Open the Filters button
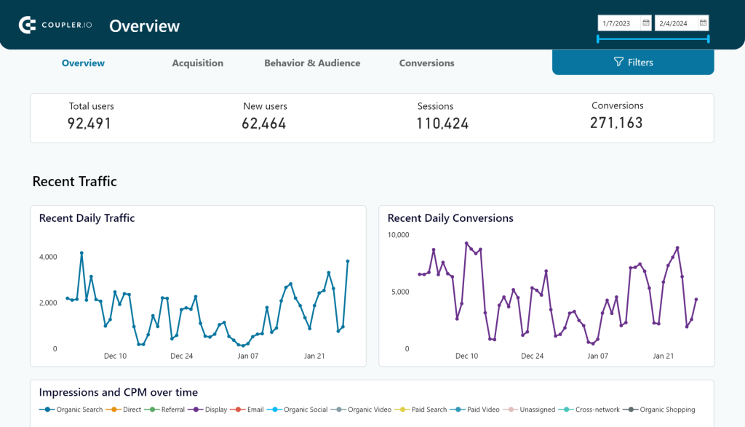pos(633,63)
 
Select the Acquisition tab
pos(197,63)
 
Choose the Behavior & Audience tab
pos(312,63)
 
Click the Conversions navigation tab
pos(426,63)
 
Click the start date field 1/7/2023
pos(618,23)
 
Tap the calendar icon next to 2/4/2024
pos(703,23)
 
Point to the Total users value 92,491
pos(89,124)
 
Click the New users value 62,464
pos(264,124)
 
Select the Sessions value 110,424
pos(442,124)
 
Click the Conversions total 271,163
pos(617,123)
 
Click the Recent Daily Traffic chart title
pos(87,218)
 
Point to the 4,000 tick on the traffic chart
pos(48,257)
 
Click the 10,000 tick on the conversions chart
pos(398,235)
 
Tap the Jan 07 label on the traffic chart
pos(248,356)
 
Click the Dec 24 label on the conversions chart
pos(533,356)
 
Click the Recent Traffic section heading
pos(74,182)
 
